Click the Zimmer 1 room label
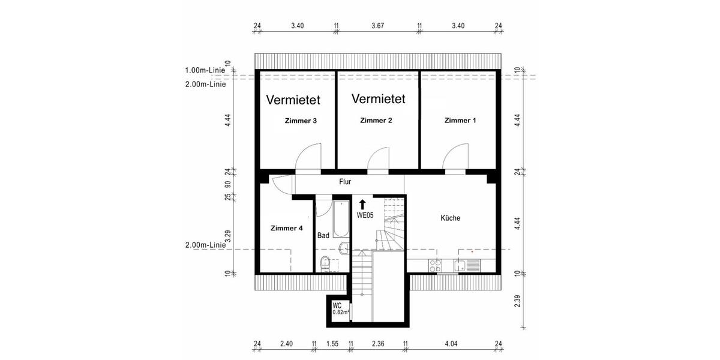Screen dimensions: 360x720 coord(460,121)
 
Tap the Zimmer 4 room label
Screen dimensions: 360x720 coord(287,228)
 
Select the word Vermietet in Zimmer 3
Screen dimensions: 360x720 coord(293,100)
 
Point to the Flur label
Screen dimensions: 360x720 coord(345,181)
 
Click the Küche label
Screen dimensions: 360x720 coord(450,218)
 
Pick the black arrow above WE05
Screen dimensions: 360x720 coord(362,205)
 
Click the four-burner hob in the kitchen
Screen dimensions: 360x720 coord(436,265)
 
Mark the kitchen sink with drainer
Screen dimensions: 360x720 coord(467,265)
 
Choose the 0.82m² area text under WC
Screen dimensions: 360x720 coord(341,312)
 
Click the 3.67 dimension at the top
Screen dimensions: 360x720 coord(378,26)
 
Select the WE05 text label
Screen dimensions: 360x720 coord(365,215)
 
